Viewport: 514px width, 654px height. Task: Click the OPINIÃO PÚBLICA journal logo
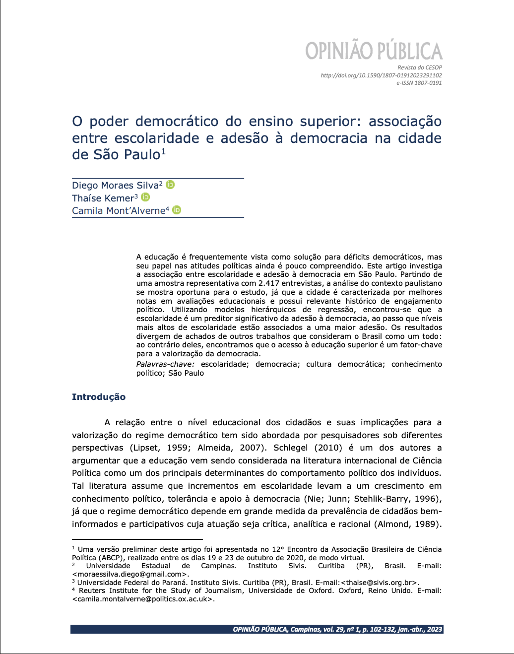point(373,51)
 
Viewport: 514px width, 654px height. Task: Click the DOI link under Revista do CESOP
point(381,75)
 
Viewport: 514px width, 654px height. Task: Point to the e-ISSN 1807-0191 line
point(419,83)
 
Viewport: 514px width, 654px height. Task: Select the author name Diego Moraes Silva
point(115,186)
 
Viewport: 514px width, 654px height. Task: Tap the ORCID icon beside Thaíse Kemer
point(145,197)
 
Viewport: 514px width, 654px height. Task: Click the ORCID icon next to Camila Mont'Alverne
point(177,210)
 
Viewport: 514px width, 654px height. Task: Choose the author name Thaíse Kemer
point(103,198)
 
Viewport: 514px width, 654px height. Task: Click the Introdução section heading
point(99,397)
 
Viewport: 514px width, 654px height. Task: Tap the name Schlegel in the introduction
point(291,448)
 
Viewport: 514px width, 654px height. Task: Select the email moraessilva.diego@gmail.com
point(130,574)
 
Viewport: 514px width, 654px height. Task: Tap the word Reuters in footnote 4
point(92,590)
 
